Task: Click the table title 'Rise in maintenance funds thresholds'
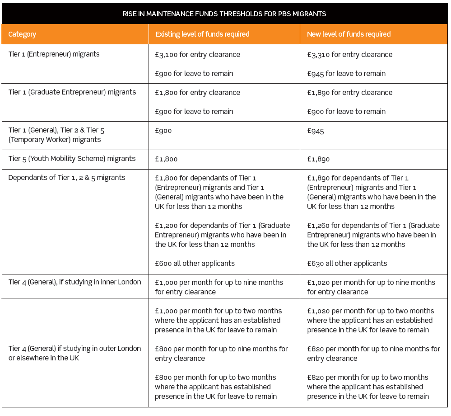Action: pyautogui.click(x=224, y=14)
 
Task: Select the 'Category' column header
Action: pyautogui.click(x=22, y=34)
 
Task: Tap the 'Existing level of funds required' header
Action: pyautogui.click(x=202, y=34)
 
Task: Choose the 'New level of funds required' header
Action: pyautogui.click(x=349, y=34)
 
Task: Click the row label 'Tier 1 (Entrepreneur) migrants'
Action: pyautogui.click(x=54, y=54)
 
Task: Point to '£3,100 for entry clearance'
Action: pyautogui.click(x=197, y=55)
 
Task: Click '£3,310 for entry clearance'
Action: pyautogui.click(x=349, y=55)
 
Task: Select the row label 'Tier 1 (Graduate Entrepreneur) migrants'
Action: pyautogui.click(x=72, y=92)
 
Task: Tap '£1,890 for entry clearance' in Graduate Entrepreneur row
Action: pyautogui.click(x=349, y=93)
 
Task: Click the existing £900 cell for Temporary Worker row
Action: pyautogui.click(x=163, y=131)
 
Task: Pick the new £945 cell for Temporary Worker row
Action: pyautogui.click(x=316, y=131)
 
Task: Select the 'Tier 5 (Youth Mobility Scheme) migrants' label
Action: pyautogui.click(x=72, y=159)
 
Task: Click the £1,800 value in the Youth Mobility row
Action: pyautogui.click(x=166, y=159)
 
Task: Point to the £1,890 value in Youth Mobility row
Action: pyautogui.click(x=318, y=159)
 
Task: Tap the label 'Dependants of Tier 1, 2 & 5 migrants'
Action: pyautogui.click(x=66, y=178)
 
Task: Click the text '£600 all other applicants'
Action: pyautogui.click(x=195, y=264)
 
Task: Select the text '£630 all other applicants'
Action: pyautogui.click(x=347, y=264)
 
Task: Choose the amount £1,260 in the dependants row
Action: pyautogui.click(x=318, y=226)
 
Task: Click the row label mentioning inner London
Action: pyautogui.click(x=74, y=282)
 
